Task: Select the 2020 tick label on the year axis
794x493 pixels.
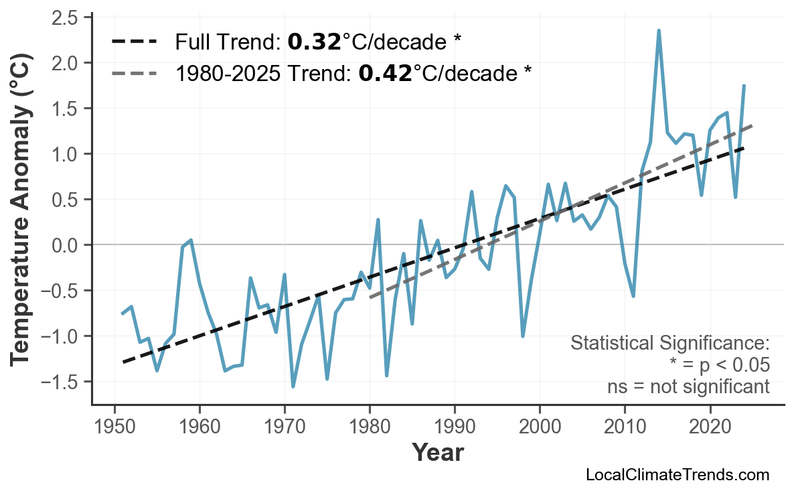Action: click(710, 428)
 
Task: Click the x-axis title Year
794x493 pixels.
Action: click(437, 453)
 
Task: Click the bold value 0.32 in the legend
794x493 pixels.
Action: click(314, 42)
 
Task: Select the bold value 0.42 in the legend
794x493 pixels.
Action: click(384, 72)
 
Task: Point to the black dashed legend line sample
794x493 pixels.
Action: click(134, 42)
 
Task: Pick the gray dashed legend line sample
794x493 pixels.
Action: click(134, 72)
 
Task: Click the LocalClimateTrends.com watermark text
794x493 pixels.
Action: click(677, 475)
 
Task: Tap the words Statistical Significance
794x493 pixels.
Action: click(669, 344)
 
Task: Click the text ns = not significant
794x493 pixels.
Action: click(688, 386)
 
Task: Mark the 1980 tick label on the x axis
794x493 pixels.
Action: click(370, 428)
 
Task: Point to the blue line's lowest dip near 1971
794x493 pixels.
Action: click(293, 386)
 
